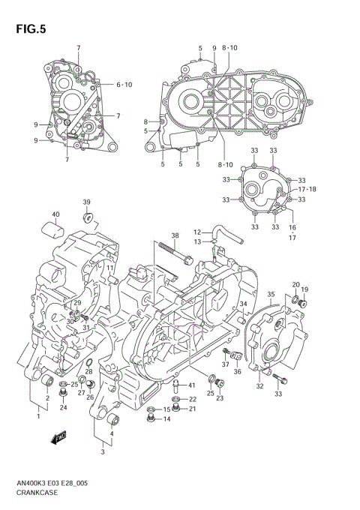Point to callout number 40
click(55, 215)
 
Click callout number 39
click(86, 202)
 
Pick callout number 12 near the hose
click(198, 232)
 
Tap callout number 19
click(304, 289)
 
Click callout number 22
click(192, 399)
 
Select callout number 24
click(64, 408)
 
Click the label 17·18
click(307, 189)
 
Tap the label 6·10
click(123, 84)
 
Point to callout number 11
click(109, 268)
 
